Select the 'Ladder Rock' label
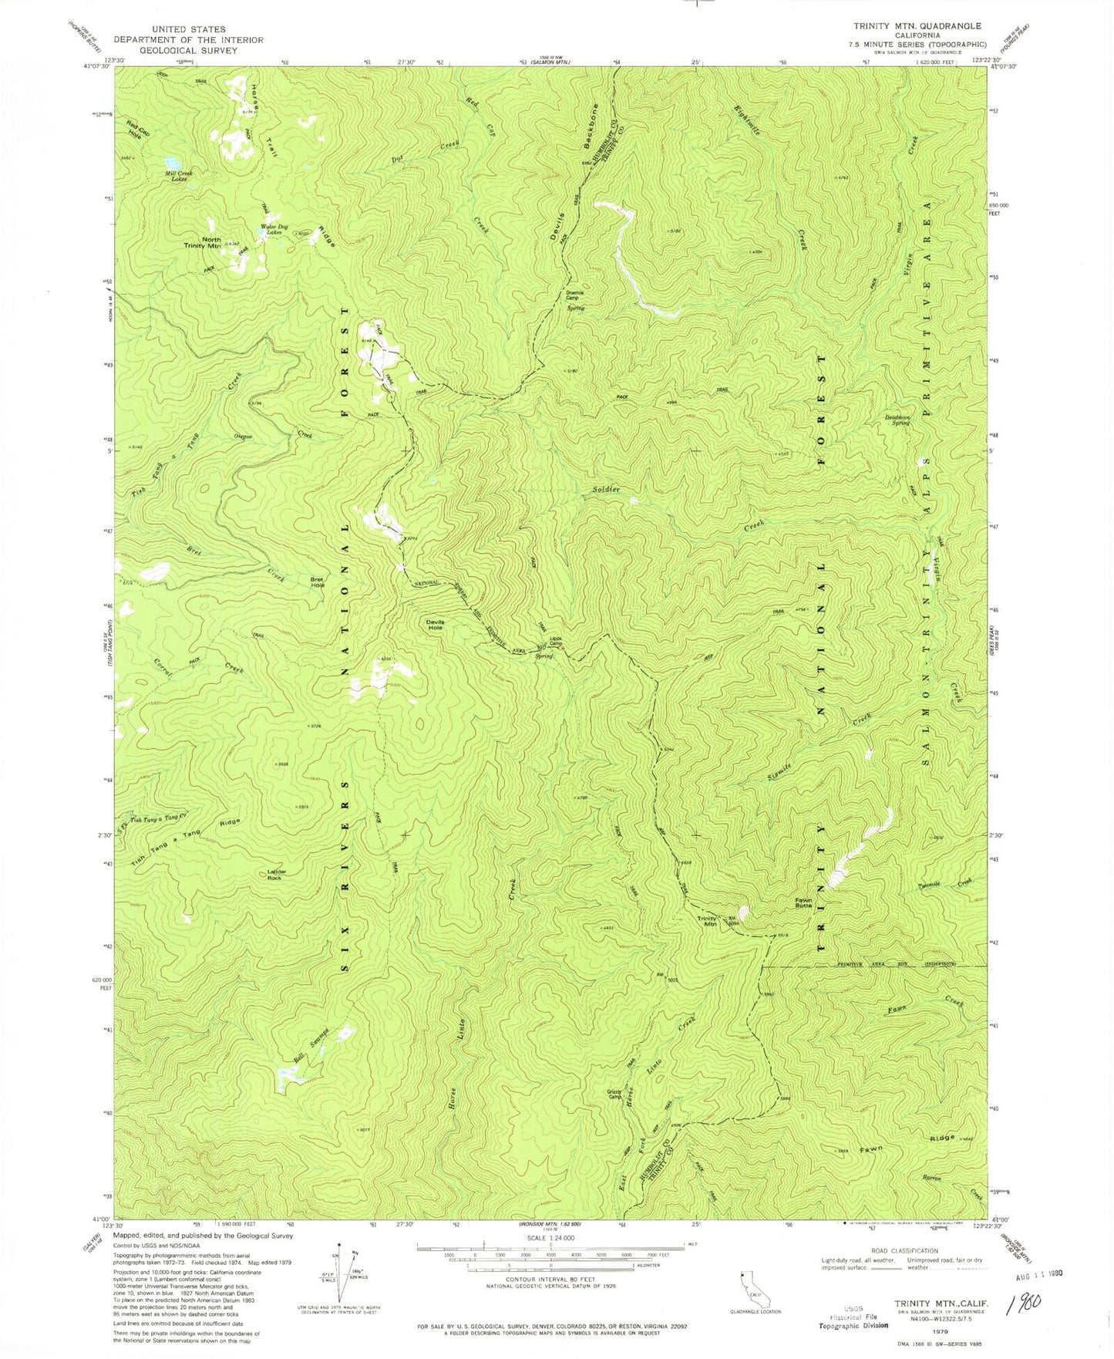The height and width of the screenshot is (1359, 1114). [x=277, y=875]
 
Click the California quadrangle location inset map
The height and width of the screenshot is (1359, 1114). [x=748, y=1284]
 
